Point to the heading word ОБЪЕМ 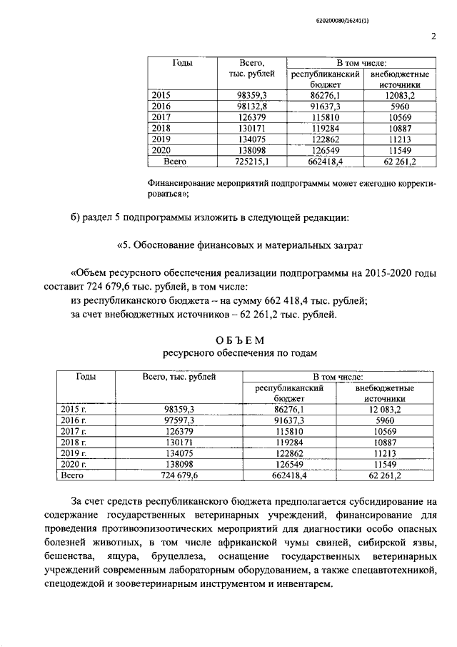point(228,339)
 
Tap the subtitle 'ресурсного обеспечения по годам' point(229,353)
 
